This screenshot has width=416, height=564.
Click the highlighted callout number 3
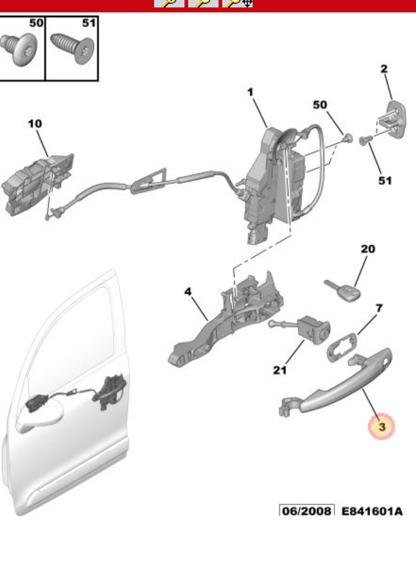tap(381, 426)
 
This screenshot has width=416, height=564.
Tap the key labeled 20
tap(344, 291)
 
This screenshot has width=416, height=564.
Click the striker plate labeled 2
tap(394, 118)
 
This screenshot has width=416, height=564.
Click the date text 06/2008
tap(306, 511)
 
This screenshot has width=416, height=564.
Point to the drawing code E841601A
tap(372, 511)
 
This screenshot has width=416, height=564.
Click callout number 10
tap(35, 124)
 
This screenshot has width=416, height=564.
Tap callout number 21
tap(280, 370)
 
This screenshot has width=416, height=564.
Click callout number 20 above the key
tap(368, 249)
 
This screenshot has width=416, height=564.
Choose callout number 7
tap(378, 307)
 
